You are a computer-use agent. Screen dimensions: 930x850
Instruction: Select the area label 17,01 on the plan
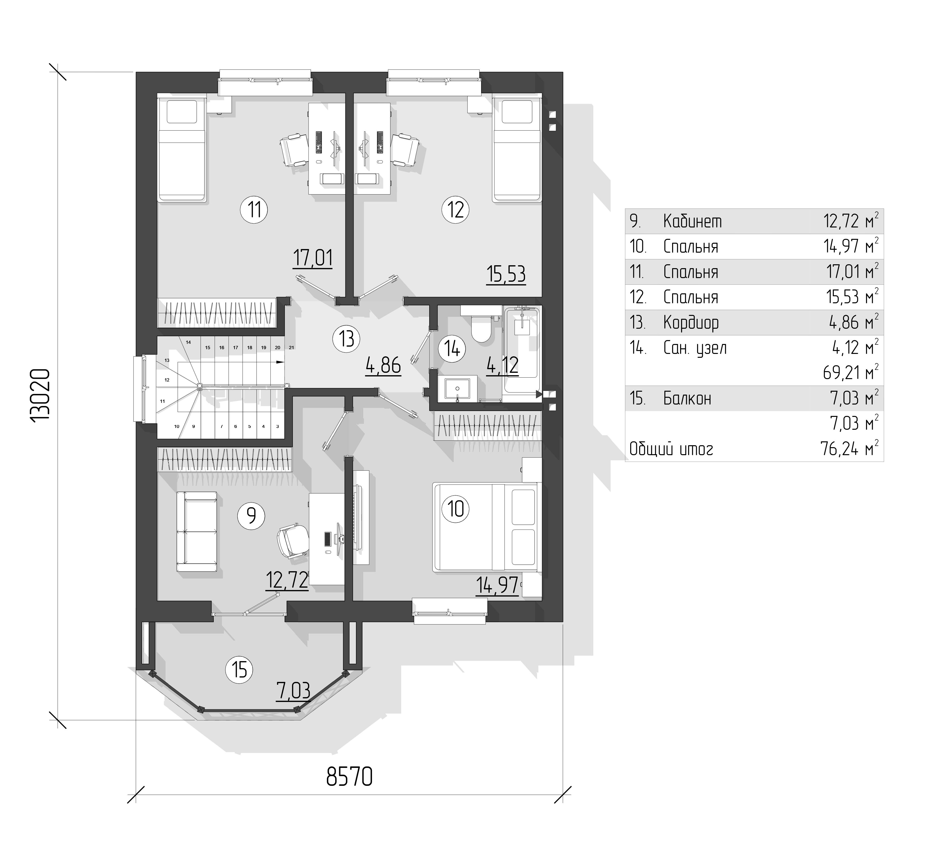click(x=313, y=259)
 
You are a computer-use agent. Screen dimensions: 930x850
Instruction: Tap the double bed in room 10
click(x=485, y=527)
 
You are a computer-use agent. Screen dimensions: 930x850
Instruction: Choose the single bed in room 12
click(x=517, y=150)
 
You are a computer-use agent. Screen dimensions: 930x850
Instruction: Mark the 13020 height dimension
click(x=40, y=394)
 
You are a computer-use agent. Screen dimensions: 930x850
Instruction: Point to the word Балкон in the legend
click(x=687, y=398)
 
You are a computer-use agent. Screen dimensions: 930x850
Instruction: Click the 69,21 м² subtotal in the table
click(x=851, y=372)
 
